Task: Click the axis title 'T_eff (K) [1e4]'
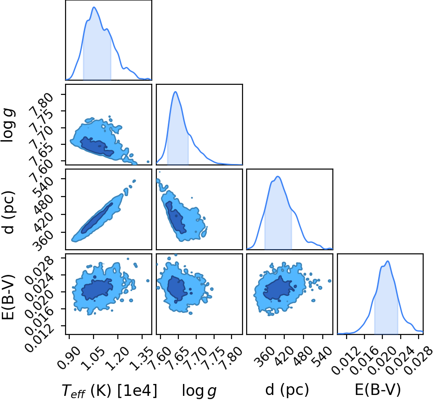coord(109,390)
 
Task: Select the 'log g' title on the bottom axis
coord(199,391)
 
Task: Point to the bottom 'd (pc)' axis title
coord(287,390)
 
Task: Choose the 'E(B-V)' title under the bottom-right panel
coord(378,389)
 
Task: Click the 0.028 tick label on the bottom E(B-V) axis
coord(418,360)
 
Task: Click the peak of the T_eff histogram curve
coord(94,7)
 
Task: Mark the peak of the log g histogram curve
coord(175,92)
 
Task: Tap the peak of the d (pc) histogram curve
coord(278,176)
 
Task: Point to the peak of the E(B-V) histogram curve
coord(387,261)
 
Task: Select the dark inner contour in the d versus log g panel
coord(176,217)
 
